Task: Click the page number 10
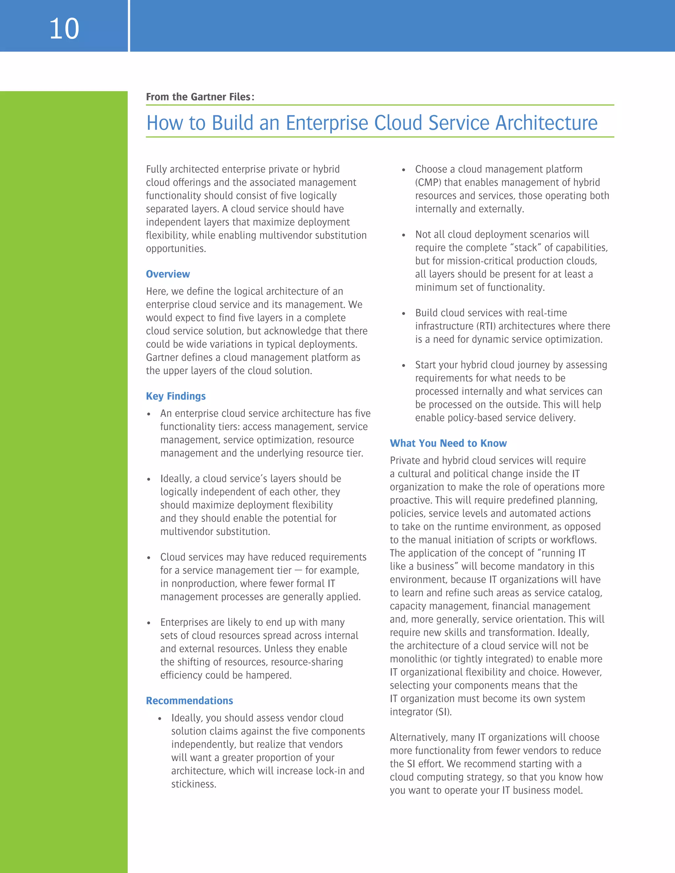pos(64,29)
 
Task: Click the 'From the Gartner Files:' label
pos(200,97)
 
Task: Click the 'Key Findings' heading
pos(176,396)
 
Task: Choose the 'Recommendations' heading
pos(189,701)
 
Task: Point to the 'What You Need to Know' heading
pos(448,443)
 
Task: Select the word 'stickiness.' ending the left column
pos(193,784)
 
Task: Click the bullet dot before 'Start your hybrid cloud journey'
pos(403,365)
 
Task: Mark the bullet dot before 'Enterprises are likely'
pos(149,623)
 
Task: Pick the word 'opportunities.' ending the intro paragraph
pos(176,249)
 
